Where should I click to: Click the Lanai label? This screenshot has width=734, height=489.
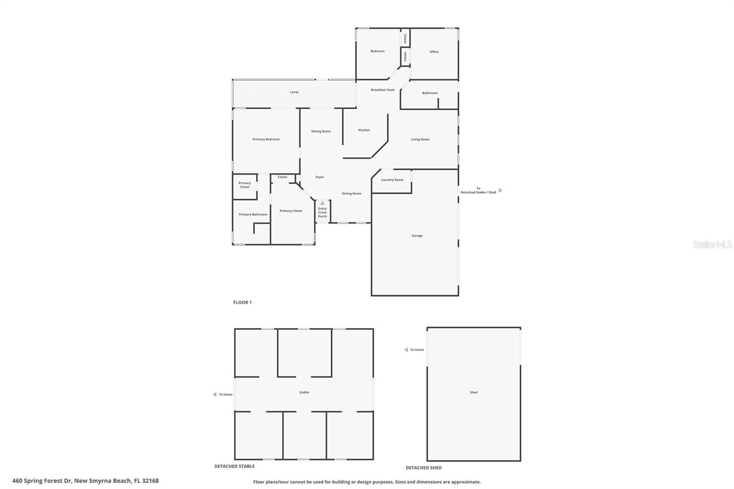click(294, 92)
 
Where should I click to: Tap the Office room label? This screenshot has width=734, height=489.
click(434, 52)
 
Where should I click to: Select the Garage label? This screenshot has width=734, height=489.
click(417, 236)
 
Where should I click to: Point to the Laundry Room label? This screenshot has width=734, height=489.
click(392, 180)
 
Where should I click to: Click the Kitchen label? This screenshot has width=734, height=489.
click(364, 130)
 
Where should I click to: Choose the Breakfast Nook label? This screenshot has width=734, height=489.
click(383, 90)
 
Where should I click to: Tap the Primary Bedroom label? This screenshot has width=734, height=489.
click(266, 139)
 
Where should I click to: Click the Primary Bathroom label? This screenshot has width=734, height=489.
click(253, 215)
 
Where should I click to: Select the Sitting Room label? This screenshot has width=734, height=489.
click(321, 132)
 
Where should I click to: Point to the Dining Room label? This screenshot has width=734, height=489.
click(351, 194)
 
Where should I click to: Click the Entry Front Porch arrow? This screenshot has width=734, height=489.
click(323, 203)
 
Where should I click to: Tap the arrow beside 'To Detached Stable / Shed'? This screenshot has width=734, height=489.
click(500, 190)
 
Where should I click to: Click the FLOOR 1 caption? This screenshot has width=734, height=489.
click(242, 303)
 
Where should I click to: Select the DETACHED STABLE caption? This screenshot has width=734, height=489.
click(234, 467)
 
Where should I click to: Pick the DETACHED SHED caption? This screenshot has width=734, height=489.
click(423, 468)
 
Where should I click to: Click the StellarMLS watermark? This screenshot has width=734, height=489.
click(712, 245)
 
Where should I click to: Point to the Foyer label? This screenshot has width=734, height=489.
click(320, 177)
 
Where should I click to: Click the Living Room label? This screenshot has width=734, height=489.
click(420, 139)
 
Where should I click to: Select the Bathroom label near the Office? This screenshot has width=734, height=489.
click(430, 93)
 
